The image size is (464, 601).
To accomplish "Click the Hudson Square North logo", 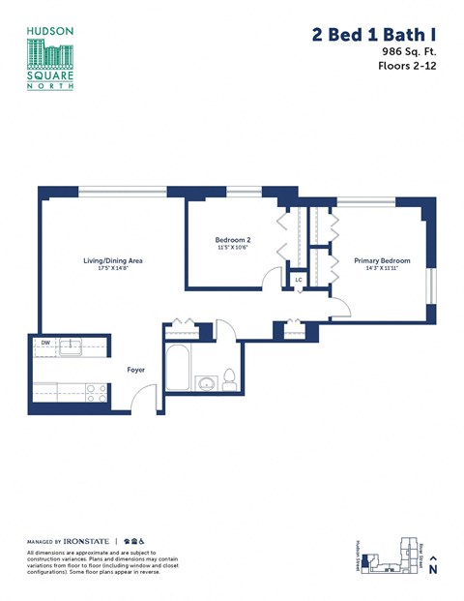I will coord(48,58).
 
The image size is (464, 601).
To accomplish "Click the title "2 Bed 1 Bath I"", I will coord(371,35).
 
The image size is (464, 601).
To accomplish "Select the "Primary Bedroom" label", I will coord(382,260).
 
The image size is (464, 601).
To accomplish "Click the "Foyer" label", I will coord(136,369).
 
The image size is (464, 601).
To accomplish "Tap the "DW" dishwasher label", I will coord(44,344).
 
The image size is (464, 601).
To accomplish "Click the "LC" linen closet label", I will coord(299,281).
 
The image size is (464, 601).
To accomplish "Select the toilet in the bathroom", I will coord(230,377).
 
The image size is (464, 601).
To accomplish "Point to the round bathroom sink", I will coord(206,384).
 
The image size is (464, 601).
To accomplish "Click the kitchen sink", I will coord(71,345).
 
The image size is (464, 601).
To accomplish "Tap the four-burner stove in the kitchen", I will coord(96,393).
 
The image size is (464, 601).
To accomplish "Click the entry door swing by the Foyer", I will coord(142,398).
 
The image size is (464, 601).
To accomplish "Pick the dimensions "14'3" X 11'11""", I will coord(382,269).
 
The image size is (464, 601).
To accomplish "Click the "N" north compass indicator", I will coord(433,570).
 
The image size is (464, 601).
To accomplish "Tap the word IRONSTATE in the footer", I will coord(87,541).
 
